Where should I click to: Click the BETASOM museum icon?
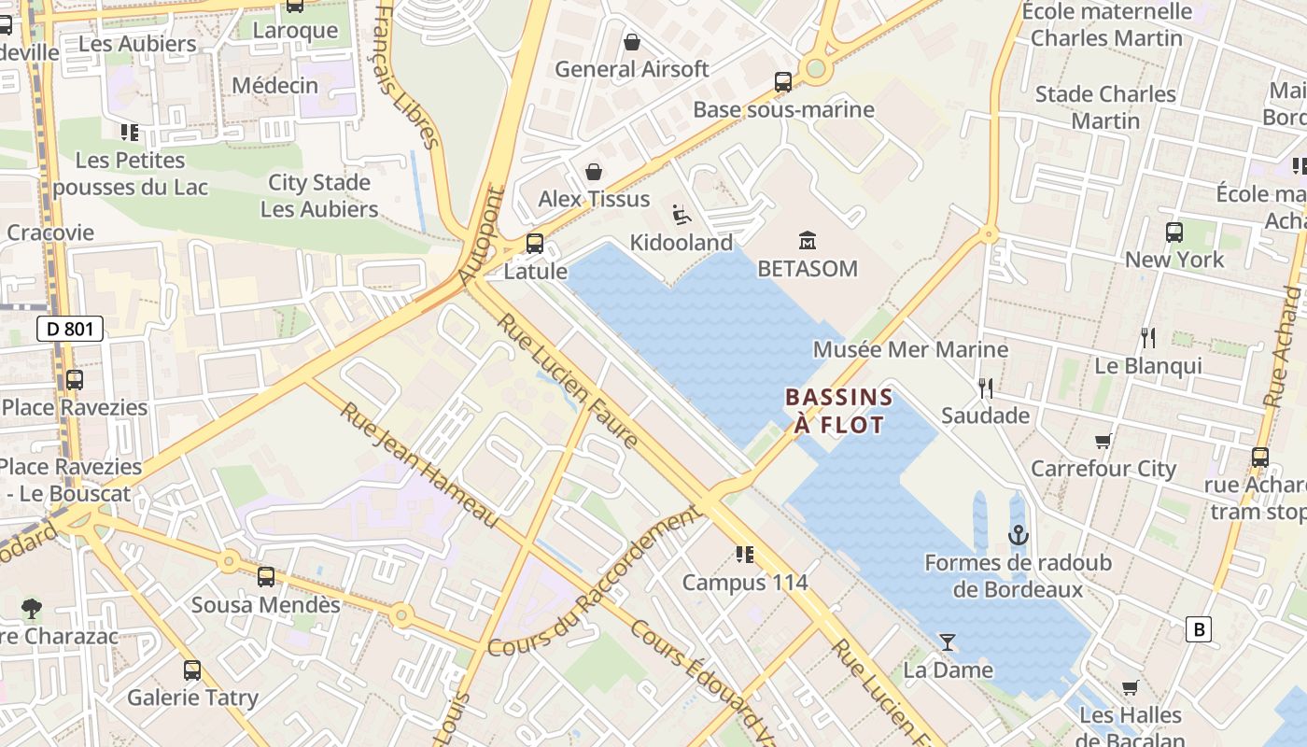808,241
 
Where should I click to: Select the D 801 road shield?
70,329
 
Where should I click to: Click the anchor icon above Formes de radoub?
1019,535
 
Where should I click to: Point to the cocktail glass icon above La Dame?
948,641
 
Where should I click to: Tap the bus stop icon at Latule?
535,244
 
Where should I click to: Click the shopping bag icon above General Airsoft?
632,42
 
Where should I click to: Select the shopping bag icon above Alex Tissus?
594,172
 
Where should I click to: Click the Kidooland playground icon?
682,216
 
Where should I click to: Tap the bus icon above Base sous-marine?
783,82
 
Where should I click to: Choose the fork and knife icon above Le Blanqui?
1148,338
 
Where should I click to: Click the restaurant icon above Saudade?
985,388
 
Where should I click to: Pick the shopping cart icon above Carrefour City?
1103,441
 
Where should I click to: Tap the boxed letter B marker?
1198,629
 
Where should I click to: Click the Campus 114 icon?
744,555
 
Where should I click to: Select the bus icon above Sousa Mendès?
266,577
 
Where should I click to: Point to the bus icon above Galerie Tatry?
192,669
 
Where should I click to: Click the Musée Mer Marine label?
910,349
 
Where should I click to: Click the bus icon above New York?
1174,233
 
